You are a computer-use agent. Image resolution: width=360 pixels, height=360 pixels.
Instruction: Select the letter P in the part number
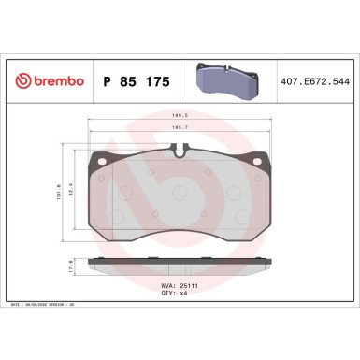coord(106,82)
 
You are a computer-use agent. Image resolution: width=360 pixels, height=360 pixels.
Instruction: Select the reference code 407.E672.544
coord(315,82)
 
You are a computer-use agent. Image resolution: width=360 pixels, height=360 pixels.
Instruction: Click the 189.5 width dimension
coord(181,117)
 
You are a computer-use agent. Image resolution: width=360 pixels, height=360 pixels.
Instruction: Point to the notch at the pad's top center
coord(181,149)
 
